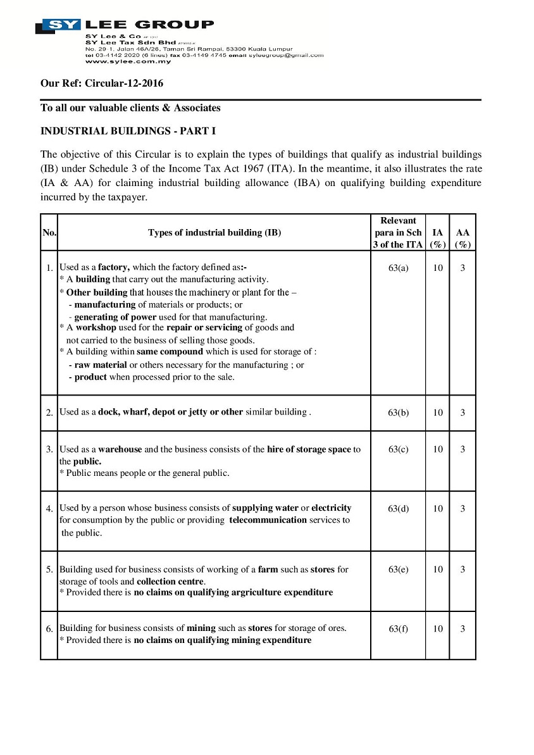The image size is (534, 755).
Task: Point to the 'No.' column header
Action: (49, 232)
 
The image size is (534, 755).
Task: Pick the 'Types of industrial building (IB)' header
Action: (214, 232)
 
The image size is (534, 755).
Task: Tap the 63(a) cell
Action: (398, 268)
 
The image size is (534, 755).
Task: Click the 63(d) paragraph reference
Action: (398, 508)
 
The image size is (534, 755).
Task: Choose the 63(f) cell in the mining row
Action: (398, 629)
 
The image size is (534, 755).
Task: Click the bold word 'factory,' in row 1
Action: (114, 267)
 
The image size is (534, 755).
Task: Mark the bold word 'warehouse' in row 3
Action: (120, 449)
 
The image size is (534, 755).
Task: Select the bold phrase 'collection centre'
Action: (170, 581)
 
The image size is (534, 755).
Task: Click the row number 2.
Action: (49, 413)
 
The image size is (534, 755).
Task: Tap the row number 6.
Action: (49, 629)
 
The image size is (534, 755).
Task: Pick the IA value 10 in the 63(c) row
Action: (438, 449)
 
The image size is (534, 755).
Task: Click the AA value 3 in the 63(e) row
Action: (463, 570)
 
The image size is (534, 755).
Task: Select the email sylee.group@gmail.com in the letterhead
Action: (286, 55)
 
